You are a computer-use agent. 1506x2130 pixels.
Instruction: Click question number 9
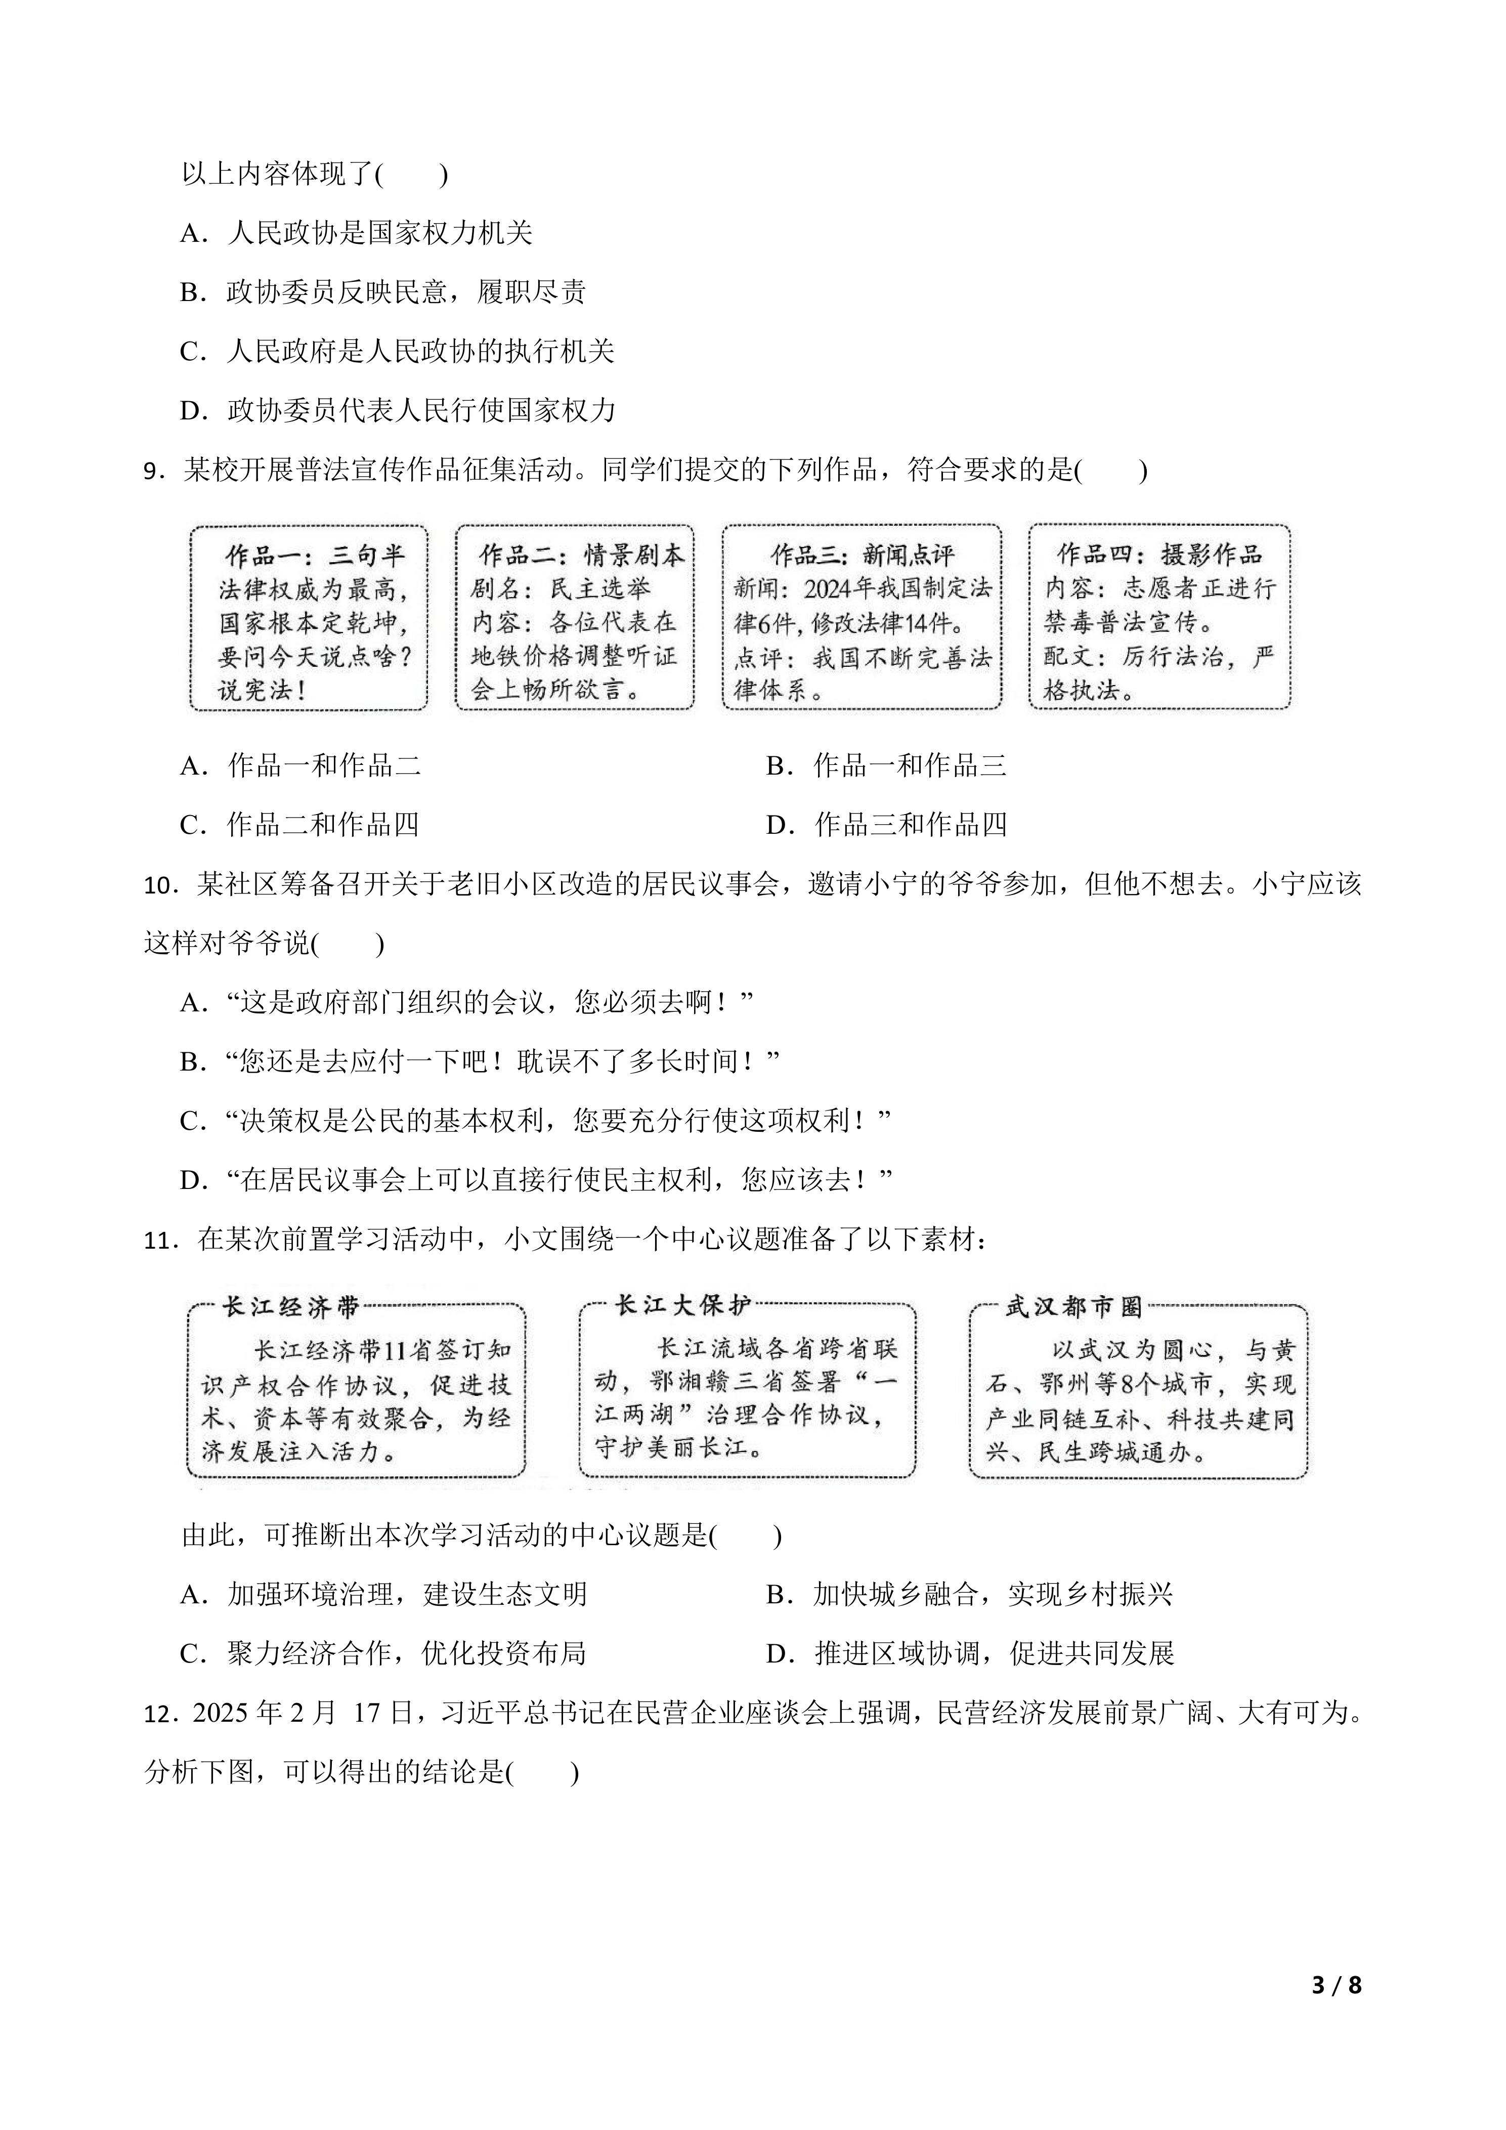[153, 471]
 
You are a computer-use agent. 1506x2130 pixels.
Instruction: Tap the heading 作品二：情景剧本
[581, 555]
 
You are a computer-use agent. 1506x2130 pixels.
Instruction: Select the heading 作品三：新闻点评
[863, 555]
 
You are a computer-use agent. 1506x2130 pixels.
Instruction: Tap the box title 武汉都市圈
[1074, 1307]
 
